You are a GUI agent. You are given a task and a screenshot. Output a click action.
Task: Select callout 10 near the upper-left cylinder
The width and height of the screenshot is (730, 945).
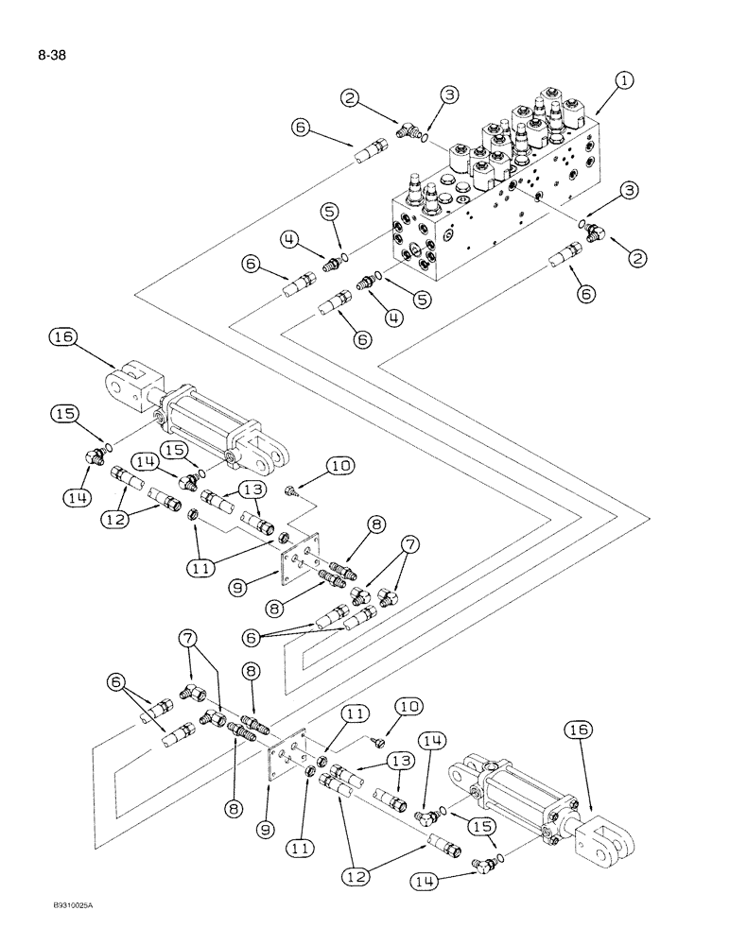[x=339, y=465]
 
